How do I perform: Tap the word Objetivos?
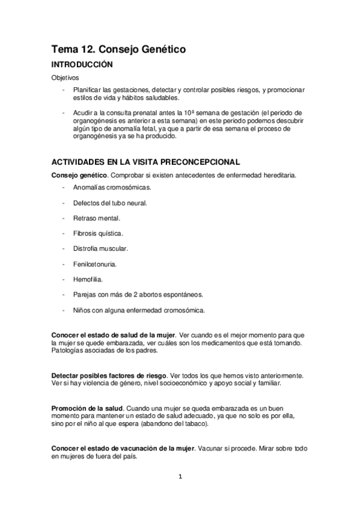[63, 78]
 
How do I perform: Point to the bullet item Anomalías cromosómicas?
[112, 188]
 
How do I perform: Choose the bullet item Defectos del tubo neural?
[110, 203]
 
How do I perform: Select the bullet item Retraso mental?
[97, 218]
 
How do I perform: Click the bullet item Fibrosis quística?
[98, 233]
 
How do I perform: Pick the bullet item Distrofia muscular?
[101, 248]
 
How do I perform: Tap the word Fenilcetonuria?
[95, 263]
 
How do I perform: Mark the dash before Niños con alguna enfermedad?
[63, 310]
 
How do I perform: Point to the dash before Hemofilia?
[63, 279]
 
